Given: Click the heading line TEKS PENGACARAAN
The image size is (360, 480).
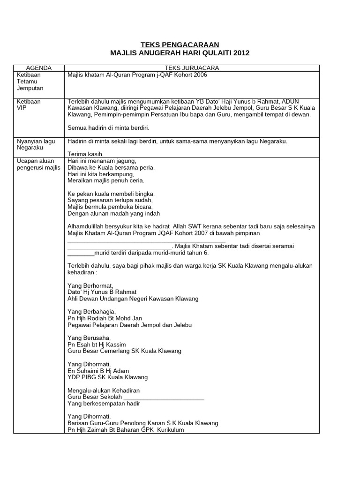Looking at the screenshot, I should click(x=180, y=45).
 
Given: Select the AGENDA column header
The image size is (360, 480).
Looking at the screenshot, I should click(x=38, y=68).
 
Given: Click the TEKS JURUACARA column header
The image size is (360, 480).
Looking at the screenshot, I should click(x=192, y=68).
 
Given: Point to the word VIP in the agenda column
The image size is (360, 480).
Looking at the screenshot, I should click(x=22, y=108).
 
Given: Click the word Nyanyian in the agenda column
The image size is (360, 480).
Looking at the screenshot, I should click(x=28, y=141).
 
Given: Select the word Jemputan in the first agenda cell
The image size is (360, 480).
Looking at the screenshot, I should click(x=30, y=88).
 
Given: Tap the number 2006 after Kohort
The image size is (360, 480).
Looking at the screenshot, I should click(x=199, y=75).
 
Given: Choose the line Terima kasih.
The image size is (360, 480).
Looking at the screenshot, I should click(x=85, y=154).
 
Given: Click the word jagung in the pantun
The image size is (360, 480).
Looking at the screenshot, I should click(x=126, y=161).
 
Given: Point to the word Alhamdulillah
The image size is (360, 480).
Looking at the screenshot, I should click(x=87, y=226).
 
